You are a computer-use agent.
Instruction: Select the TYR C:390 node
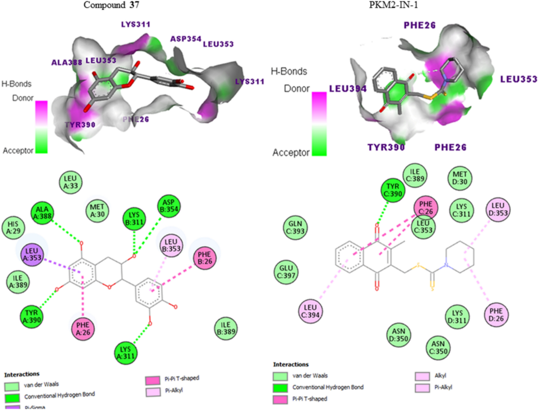(392, 192)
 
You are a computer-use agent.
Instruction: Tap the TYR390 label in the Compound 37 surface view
(80, 125)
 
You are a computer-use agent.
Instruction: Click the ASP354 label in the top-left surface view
(185, 39)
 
